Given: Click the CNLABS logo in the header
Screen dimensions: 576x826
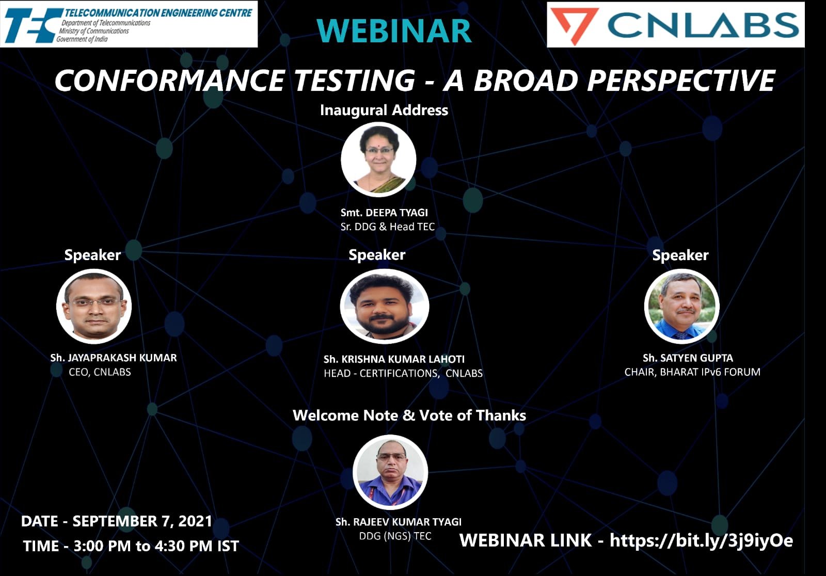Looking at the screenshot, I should coord(675,25).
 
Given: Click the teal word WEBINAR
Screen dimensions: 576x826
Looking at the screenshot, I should coord(394,31).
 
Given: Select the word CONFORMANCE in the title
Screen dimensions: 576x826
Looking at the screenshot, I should coord(169,81).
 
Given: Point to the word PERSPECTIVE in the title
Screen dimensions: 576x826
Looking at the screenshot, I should coord(681,81).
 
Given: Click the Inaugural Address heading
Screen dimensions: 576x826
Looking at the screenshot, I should coord(384,110).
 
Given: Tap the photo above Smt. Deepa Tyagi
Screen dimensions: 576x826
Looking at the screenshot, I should coord(378,159).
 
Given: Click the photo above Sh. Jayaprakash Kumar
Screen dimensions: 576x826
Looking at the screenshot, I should coord(94,306).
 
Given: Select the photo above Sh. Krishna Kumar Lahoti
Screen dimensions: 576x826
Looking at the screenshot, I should coord(384,306).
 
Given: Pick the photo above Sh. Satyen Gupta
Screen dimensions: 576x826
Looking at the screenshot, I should coord(681,306).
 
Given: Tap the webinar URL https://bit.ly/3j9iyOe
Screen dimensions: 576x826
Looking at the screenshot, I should coord(701,540).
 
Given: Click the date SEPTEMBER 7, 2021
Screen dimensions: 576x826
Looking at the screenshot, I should coord(142,521).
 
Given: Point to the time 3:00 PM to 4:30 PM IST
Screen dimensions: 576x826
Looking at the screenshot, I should coord(156,546).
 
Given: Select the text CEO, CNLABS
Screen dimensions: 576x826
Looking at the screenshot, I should coord(100,372).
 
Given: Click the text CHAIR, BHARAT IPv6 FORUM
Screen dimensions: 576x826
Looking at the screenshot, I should coord(692,372).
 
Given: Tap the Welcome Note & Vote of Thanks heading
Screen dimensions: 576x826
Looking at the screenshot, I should coord(409,415).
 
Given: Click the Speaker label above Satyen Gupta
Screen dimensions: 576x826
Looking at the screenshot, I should coord(680,255).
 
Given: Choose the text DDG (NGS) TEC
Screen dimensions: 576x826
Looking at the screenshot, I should coord(395,536).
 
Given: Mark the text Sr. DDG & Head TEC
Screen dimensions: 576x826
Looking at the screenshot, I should coord(387,227).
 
